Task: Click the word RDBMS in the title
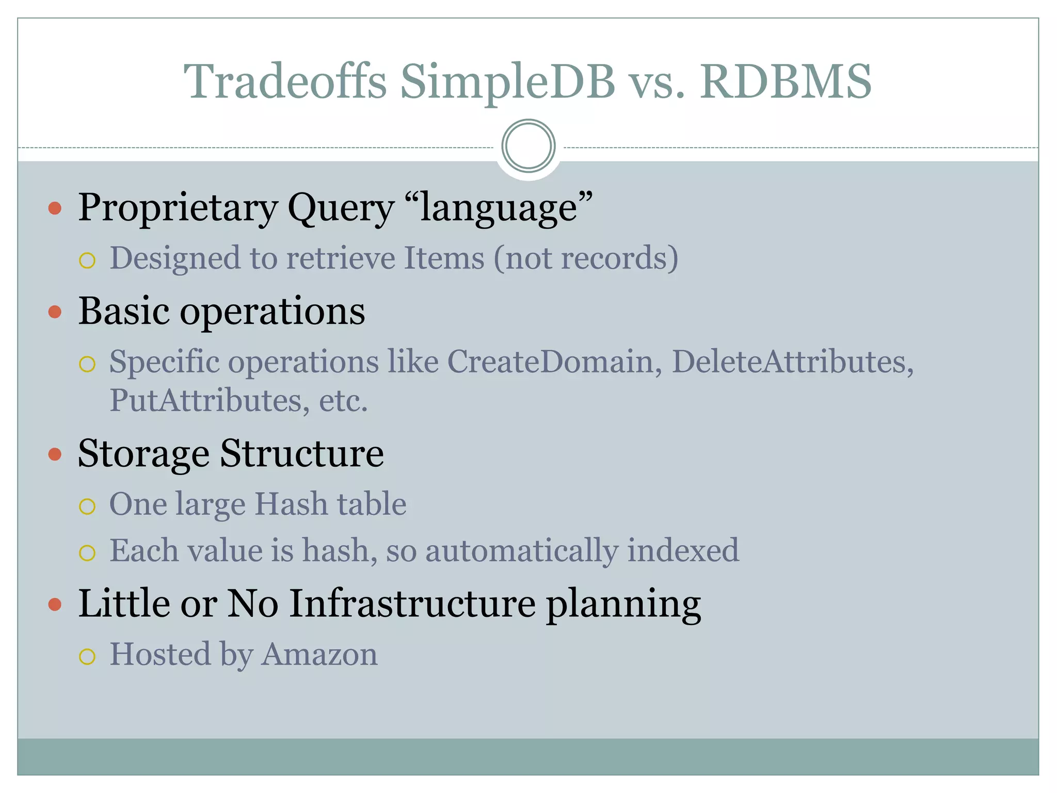click(785, 82)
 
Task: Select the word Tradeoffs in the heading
click(285, 82)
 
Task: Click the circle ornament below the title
click(528, 146)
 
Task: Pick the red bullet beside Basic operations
click(55, 312)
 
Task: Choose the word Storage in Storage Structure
click(143, 454)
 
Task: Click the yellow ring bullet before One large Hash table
click(87, 506)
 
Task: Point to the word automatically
click(521, 551)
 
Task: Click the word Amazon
click(319, 655)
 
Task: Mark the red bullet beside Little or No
click(55, 604)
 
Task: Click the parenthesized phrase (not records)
click(586, 258)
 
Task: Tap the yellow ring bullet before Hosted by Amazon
click(87, 657)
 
